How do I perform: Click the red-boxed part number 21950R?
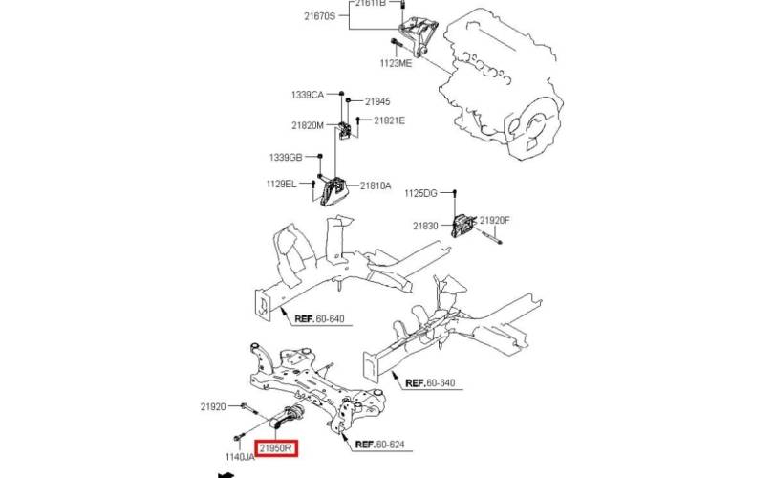click(276, 448)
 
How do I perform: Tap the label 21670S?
click(319, 16)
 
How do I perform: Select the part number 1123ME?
click(396, 63)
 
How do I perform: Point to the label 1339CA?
click(308, 95)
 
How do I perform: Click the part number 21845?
click(377, 101)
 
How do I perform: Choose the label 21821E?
click(389, 120)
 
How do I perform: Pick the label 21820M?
click(308, 125)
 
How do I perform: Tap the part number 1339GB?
click(286, 158)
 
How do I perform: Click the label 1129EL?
click(281, 185)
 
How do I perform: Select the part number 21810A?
click(376, 185)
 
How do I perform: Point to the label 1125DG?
click(420, 193)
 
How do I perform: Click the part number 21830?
click(425, 226)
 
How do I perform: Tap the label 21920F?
click(495, 220)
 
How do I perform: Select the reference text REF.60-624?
click(379, 445)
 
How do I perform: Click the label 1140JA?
click(240, 457)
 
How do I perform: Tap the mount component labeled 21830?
click(464, 226)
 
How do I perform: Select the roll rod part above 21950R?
click(288, 418)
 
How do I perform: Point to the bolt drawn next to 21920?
click(249, 408)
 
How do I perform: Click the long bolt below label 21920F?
click(490, 237)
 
